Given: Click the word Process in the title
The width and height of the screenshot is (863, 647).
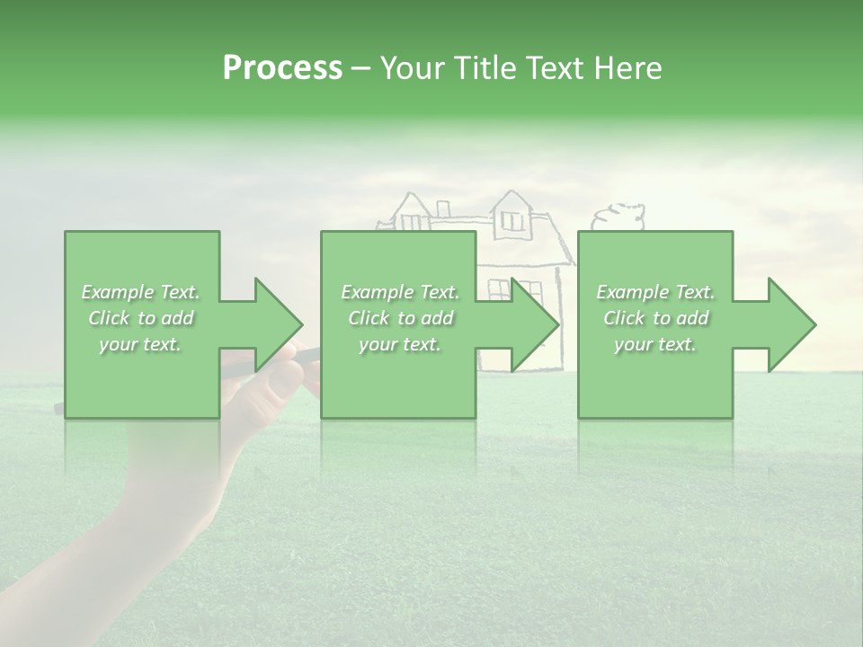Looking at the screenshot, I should click(x=282, y=68).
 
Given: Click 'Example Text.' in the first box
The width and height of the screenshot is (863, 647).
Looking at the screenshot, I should click(x=141, y=292).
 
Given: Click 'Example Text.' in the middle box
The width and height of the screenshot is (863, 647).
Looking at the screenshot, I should click(x=400, y=292).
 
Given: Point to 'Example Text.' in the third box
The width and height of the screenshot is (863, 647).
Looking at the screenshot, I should click(x=655, y=292).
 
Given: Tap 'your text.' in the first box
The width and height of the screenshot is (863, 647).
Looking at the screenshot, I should click(x=141, y=344).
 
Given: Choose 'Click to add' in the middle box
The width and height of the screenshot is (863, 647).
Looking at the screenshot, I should click(x=400, y=318).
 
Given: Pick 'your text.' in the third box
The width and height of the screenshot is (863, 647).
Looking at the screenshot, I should click(x=655, y=344).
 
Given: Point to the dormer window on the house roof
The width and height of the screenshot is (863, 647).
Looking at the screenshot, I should click(x=512, y=218).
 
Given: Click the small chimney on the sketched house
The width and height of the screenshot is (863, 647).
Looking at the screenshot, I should click(x=442, y=209).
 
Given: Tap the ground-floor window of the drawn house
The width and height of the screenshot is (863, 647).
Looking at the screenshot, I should click(x=528, y=289).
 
